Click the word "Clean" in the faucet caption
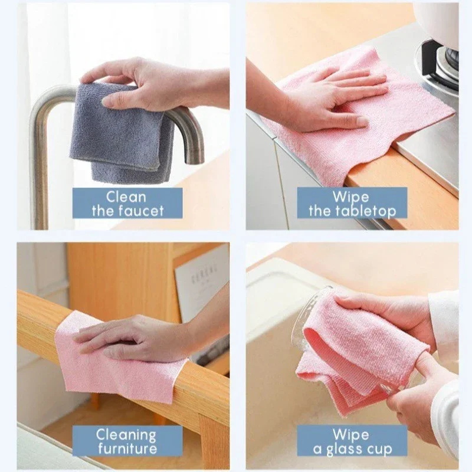127,196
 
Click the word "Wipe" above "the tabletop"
351,196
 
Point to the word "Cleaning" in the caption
127,435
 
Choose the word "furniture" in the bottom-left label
127,450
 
